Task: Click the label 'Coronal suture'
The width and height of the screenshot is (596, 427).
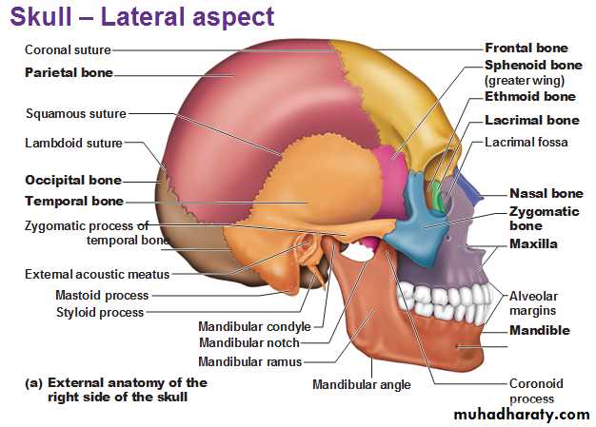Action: [x=68, y=49]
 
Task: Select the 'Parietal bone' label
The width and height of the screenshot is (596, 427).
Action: [x=69, y=72]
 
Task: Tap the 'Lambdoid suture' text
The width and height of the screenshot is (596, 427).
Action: [x=73, y=143]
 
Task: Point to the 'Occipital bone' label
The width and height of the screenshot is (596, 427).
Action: [x=73, y=180]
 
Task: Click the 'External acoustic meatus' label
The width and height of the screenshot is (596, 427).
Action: [x=97, y=274]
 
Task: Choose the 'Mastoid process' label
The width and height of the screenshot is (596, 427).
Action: [x=102, y=295]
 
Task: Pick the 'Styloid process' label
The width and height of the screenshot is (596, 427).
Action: [x=100, y=312]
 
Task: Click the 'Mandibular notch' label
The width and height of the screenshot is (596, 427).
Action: [x=249, y=342]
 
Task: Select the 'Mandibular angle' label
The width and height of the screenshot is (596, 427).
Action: [x=362, y=384]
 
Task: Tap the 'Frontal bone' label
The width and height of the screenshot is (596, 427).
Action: [x=526, y=48]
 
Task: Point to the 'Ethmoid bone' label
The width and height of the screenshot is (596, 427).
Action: [x=530, y=96]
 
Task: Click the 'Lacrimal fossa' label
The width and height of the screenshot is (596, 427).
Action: [x=526, y=143]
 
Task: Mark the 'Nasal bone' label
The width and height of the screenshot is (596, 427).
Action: [x=546, y=193]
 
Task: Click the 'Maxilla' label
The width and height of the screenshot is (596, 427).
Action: [x=533, y=243]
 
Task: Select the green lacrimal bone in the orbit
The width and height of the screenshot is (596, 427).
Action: [x=438, y=198]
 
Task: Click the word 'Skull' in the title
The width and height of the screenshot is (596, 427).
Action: [x=41, y=17]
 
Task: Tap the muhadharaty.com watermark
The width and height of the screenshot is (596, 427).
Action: [x=522, y=415]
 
